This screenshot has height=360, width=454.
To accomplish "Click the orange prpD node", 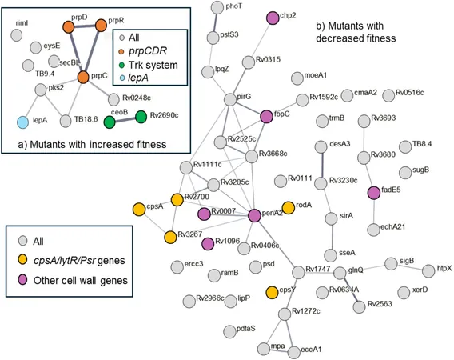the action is click(x=69, y=27).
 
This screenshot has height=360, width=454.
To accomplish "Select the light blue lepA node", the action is click(x=23, y=122).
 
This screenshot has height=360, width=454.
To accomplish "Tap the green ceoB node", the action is click(x=110, y=122).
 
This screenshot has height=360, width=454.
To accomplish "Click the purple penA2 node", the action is click(x=254, y=216).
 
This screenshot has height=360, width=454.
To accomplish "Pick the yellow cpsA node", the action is click(x=139, y=210).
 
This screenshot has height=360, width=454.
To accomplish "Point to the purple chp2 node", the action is click(x=273, y=18).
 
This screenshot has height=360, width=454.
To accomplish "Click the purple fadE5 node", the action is click(x=374, y=193).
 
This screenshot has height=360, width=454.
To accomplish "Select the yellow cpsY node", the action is click(x=272, y=293).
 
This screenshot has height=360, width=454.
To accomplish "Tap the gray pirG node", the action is click(x=230, y=99).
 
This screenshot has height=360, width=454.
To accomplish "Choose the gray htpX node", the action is click(x=428, y=271).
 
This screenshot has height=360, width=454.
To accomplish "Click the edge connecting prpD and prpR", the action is click(x=85, y=26).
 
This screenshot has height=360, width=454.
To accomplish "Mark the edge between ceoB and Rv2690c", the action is click(x=125, y=119).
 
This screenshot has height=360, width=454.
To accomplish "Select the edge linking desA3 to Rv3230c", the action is click(x=321, y=166).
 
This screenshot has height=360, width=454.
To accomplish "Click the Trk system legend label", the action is click(x=153, y=65).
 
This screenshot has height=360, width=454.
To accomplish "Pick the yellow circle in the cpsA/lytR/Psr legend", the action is click(x=23, y=260).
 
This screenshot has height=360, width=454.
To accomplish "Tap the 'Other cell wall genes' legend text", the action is click(x=81, y=280).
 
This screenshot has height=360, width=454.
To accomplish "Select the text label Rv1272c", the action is click(x=306, y=311).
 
